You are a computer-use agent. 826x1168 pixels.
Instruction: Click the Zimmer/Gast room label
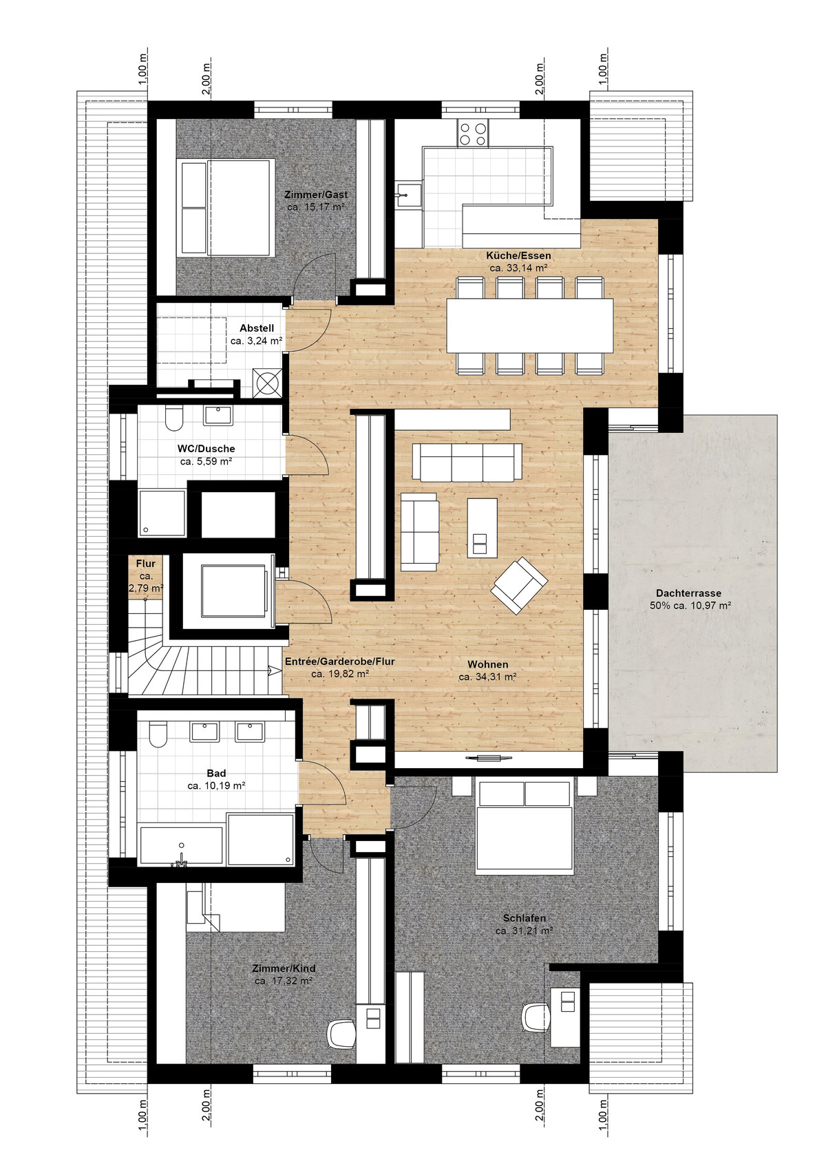coord(316,195)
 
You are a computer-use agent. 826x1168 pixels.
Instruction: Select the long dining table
coord(529,326)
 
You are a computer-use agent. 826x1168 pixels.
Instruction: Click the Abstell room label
coord(257,328)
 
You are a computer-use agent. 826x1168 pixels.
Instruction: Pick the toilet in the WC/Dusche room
coord(173,418)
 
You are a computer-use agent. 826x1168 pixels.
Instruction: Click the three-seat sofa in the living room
coord(467,461)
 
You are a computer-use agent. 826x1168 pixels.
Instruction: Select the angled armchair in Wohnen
coord(520,585)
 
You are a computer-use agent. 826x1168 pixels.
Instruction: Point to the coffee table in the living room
coord(482,528)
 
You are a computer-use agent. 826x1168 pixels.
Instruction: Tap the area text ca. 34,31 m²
coord(487,677)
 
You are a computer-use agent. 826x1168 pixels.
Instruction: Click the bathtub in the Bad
coord(182,847)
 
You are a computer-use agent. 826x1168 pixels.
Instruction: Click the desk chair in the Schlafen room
coord(537,1019)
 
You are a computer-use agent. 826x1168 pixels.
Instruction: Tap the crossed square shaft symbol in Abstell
coord(266,384)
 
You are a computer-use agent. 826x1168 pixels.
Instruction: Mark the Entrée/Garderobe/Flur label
coord(340,661)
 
